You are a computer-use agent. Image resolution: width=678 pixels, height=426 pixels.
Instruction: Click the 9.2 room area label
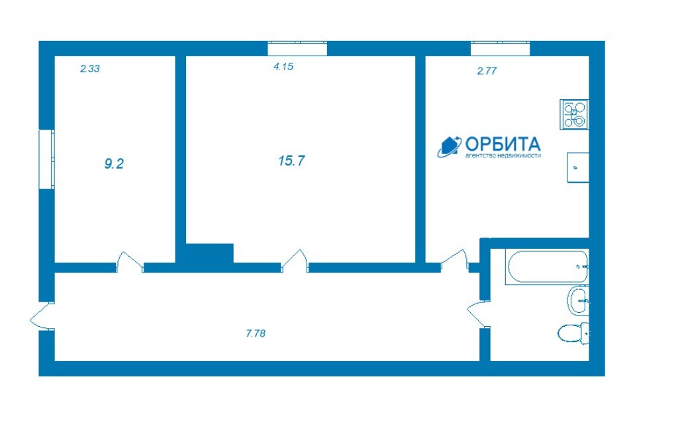(114, 164)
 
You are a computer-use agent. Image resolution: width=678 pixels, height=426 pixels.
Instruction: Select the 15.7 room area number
(291, 161)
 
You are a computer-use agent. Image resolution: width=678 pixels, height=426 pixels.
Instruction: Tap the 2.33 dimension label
(90, 68)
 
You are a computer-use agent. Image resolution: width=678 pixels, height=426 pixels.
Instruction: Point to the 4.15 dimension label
(283, 67)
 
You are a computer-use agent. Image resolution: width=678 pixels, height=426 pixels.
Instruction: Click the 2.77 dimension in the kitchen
(487, 71)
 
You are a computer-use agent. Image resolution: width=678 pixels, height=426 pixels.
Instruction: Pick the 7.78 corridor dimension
(256, 333)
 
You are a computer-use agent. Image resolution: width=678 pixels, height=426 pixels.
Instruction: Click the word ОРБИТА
(503, 144)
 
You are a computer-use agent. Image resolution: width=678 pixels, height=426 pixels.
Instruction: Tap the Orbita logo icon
(450, 147)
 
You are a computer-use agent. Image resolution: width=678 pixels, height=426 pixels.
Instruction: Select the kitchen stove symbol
(574, 114)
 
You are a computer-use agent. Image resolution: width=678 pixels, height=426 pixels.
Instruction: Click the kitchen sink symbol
(578, 167)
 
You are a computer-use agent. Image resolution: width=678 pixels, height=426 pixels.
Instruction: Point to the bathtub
(547, 267)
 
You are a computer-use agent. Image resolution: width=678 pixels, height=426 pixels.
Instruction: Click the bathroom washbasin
(577, 301)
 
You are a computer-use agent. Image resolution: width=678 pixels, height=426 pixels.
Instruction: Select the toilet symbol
(573, 333)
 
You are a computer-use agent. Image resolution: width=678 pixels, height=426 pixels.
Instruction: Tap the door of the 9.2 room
(130, 262)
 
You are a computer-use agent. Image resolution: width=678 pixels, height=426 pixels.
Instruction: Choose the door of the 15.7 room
(295, 261)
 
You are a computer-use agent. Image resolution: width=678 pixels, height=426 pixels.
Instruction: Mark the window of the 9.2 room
(47, 159)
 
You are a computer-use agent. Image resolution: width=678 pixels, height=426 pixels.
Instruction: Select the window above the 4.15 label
(297, 48)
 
